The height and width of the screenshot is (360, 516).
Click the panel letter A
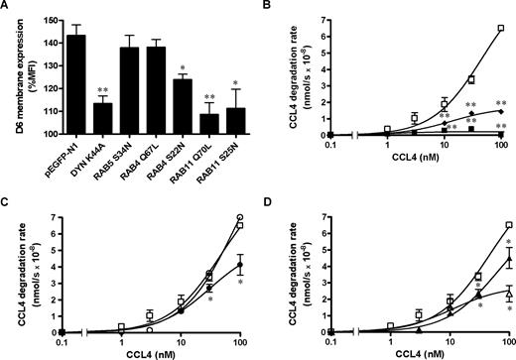coord(7,8)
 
